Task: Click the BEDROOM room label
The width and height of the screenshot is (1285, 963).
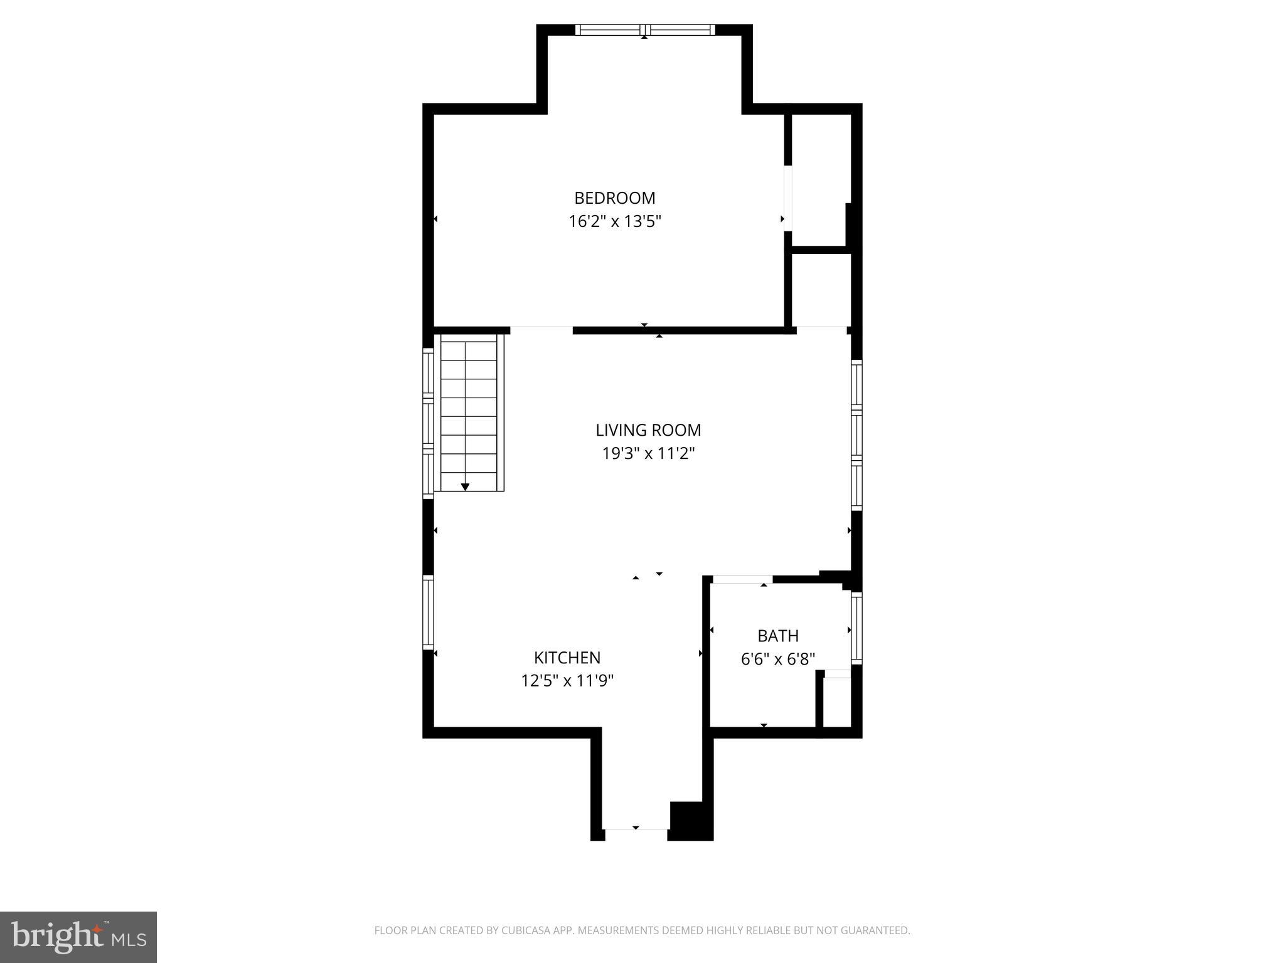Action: click(614, 198)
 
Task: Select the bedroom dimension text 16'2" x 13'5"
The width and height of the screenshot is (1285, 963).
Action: click(614, 221)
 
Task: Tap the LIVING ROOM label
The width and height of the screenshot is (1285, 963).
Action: click(648, 430)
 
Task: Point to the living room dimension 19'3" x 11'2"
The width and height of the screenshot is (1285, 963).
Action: click(648, 453)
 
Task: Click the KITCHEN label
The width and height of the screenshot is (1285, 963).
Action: click(567, 658)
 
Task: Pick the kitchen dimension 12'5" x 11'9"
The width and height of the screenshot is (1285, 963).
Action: click(567, 680)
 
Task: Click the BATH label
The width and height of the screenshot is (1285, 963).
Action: click(777, 636)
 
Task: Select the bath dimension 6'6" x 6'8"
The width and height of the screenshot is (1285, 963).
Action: click(777, 659)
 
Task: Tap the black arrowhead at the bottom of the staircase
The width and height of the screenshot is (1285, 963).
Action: click(465, 487)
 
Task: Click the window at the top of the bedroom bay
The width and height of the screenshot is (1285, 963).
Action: click(645, 29)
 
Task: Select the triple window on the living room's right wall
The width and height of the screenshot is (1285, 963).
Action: click(856, 434)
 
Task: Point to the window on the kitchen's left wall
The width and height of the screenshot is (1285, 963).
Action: click(428, 612)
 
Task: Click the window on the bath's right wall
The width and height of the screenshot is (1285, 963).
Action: click(856, 628)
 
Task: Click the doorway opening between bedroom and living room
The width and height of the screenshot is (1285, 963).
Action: click(541, 330)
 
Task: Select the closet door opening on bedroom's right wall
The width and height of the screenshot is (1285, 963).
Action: click(788, 198)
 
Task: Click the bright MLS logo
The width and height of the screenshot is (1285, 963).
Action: click(78, 937)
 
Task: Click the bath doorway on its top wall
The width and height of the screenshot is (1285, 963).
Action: click(742, 579)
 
